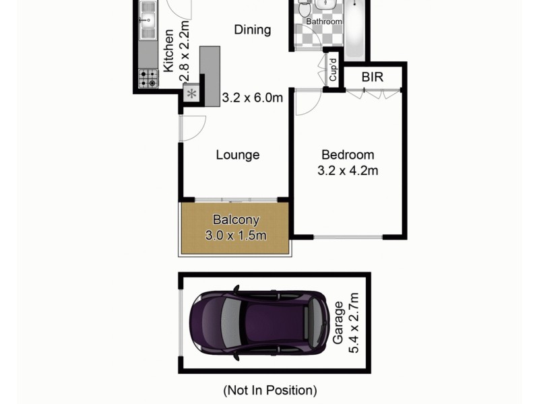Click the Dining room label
tap(253, 30)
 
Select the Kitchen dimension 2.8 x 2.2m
tap(185, 51)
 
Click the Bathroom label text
tap(324, 22)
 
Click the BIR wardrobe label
tap(372, 77)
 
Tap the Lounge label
tap(237, 155)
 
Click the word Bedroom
tap(347, 154)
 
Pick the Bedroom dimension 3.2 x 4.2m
tap(347, 170)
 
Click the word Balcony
tap(236, 220)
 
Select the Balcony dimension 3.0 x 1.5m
tap(236, 235)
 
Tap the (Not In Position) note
tap(269, 390)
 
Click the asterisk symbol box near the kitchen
tap(192, 94)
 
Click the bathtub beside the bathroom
tap(355, 30)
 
